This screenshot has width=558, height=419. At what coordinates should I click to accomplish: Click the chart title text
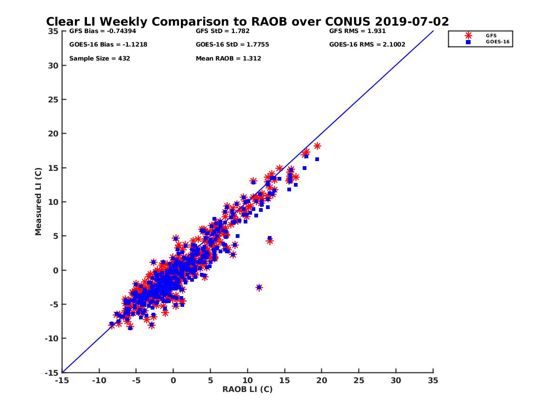tap(247, 22)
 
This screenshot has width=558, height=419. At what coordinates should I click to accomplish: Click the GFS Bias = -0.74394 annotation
tap(100, 31)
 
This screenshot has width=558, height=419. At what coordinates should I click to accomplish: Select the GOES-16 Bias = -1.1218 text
tap(102, 45)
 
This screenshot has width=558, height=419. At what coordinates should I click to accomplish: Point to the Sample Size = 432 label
tap(100, 59)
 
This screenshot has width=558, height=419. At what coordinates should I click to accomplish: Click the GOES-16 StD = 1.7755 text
tap(232, 45)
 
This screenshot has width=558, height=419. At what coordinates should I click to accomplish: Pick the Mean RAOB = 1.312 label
tap(228, 59)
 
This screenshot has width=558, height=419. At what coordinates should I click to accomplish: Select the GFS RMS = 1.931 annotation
tap(358, 31)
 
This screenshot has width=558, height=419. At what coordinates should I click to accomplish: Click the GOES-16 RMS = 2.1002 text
tap(367, 45)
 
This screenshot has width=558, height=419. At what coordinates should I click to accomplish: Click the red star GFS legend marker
tap(468, 35)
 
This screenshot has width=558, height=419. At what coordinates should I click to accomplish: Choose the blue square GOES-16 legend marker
tap(468, 42)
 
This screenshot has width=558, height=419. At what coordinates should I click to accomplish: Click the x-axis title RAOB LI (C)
tap(247, 389)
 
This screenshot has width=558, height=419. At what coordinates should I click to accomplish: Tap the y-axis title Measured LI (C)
tap(38, 201)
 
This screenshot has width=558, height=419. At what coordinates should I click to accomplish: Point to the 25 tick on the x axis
tap(359, 380)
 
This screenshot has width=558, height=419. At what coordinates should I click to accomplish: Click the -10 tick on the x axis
tap(99, 380)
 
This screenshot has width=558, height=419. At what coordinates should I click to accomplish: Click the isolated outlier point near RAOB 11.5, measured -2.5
tap(259, 287)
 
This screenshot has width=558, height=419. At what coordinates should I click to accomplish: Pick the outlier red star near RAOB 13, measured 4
tap(270, 241)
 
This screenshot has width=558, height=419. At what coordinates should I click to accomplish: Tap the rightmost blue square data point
tap(317, 159)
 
